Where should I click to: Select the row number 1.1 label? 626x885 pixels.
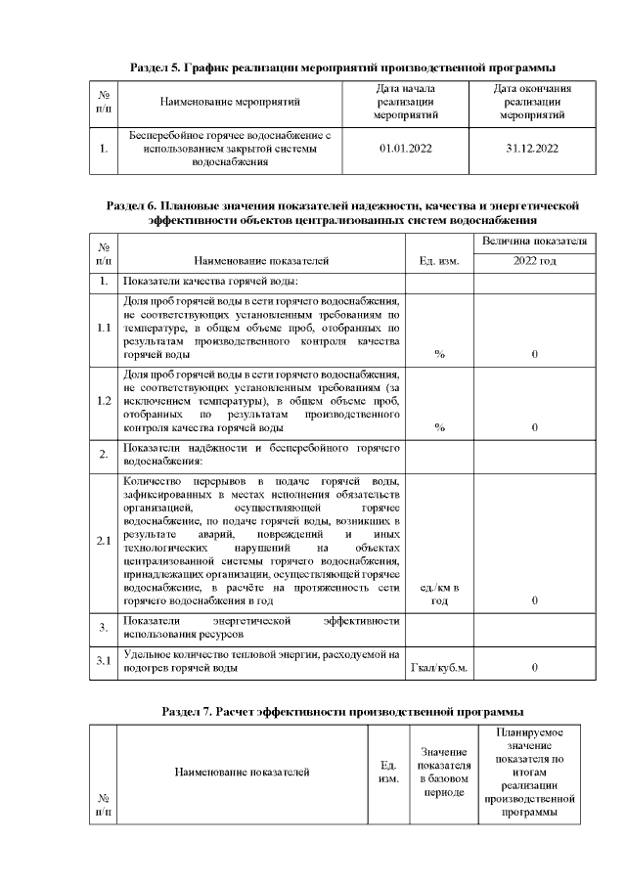pos(104,328)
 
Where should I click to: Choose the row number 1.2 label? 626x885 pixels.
pos(104,401)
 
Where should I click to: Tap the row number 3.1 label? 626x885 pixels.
pos(104,661)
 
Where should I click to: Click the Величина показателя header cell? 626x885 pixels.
pos(534,240)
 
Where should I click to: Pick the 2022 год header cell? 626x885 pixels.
pos(534,261)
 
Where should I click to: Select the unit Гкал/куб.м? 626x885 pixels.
pos(438,669)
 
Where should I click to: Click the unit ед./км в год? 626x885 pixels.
pos(438,594)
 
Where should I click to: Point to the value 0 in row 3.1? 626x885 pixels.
pos(534,669)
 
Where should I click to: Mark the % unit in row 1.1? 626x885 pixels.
pos(439,354)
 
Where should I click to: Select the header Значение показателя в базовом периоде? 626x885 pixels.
pos(444,772)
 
